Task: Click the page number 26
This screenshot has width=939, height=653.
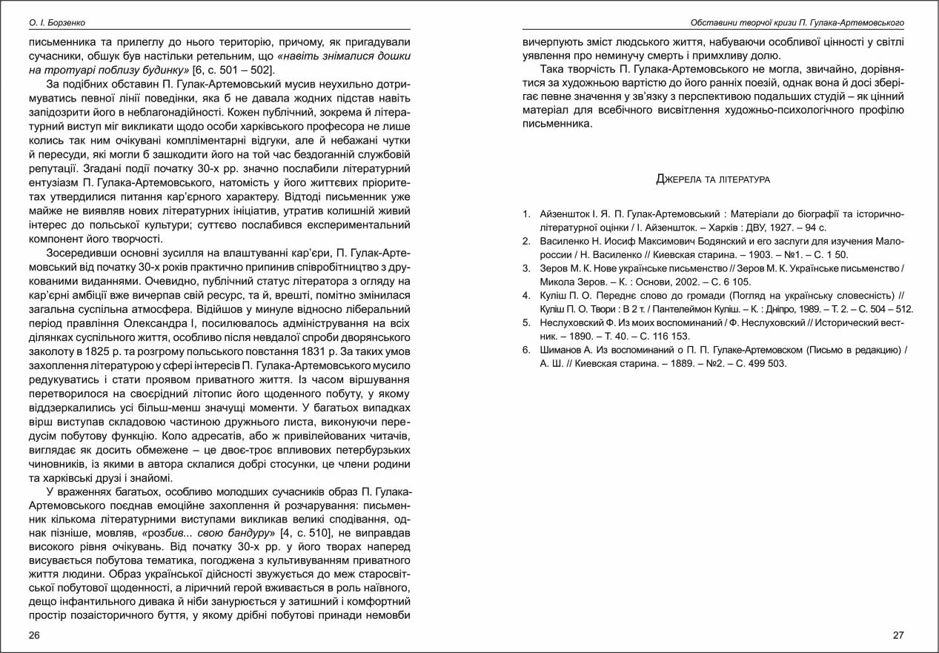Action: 35,635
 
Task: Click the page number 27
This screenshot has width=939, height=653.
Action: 897,635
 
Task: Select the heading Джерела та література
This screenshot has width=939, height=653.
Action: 713,179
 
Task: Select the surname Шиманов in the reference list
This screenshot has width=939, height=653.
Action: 562,350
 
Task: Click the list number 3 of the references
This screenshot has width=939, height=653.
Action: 525,268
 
